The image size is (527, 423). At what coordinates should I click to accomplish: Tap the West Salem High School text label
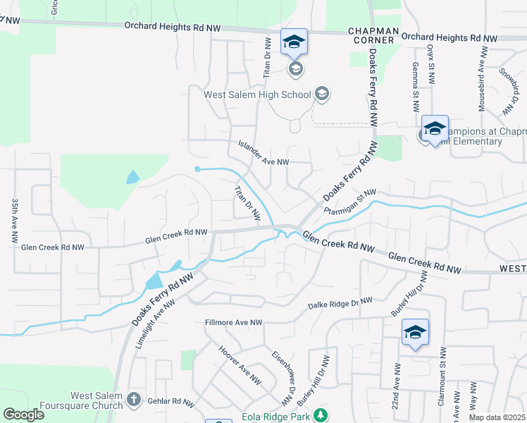tap(257, 94)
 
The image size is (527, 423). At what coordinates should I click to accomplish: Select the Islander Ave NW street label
tap(263, 161)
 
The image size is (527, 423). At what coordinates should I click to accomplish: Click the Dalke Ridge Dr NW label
tap(340, 304)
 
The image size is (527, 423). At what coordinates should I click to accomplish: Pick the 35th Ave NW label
tap(15, 221)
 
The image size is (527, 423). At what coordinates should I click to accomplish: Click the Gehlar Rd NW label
tap(170, 402)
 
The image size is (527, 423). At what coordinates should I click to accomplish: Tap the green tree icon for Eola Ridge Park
tap(321, 414)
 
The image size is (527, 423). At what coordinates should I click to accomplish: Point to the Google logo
tap(23, 414)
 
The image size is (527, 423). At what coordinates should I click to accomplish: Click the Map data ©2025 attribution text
tap(497, 418)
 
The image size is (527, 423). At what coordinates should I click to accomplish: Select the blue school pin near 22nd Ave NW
tap(415, 331)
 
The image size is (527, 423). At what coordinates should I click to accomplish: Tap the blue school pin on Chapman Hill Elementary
tap(435, 129)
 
